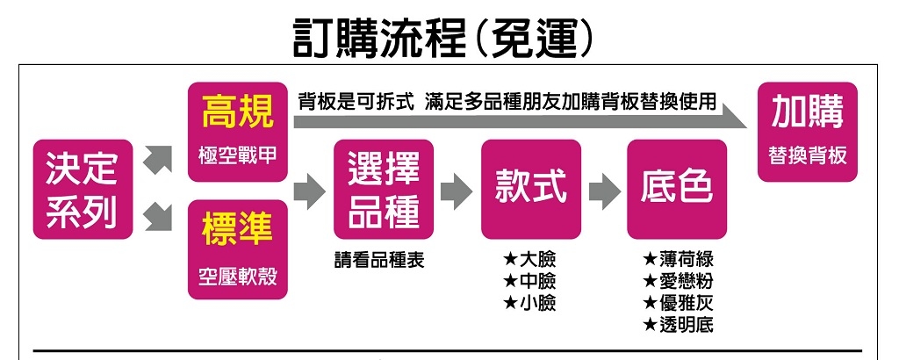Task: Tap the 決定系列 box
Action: [x=83, y=189]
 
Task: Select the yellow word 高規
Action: [x=237, y=112]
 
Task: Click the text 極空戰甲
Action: [x=237, y=155]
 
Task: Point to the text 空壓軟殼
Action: [x=237, y=277]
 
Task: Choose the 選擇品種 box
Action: [x=384, y=189]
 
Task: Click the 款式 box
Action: [x=531, y=186]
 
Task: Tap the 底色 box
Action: [x=677, y=186]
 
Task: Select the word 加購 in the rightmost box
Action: [x=808, y=112]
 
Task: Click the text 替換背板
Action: [x=808, y=155]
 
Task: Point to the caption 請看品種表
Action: [x=378, y=261]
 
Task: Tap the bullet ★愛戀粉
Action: [x=679, y=282]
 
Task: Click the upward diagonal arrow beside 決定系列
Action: [x=156, y=160]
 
